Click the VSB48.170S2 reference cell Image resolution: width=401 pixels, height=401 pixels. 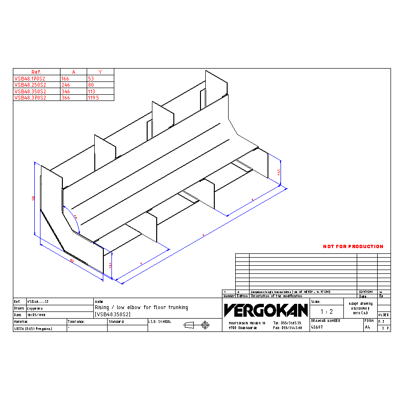pyautogui.click(x=30, y=79)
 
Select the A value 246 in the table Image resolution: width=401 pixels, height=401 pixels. pyautogui.click(x=66, y=85)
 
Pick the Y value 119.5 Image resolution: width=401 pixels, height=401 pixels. pyautogui.click(x=93, y=98)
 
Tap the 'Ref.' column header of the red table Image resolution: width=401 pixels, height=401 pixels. pyautogui.click(x=37, y=72)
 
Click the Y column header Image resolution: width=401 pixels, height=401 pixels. pyautogui.click(x=100, y=72)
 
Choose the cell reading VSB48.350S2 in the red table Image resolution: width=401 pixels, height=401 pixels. pyautogui.click(x=30, y=91)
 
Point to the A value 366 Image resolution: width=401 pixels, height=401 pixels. pyautogui.click(x=66, y=98)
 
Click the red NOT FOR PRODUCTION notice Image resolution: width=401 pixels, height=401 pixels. pyautogui.click(x=353, y=247)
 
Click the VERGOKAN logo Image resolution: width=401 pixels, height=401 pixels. pyautogui.click(x=266, y=311)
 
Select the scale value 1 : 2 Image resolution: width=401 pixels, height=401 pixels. pyautogui.click(x=326, y=311)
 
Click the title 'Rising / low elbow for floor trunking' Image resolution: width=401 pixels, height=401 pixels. pyautogui.click(x=141, y=308)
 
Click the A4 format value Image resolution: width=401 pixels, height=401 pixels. pyautogui.click(x=367, y=328)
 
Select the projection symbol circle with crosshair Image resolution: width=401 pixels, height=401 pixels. pyautogui.click(x=205, y=325)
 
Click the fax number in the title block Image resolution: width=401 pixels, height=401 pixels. pyautogui.click(x=288, y=328)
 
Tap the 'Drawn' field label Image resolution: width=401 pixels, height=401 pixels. pyautogui.click(x=19, y=308)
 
